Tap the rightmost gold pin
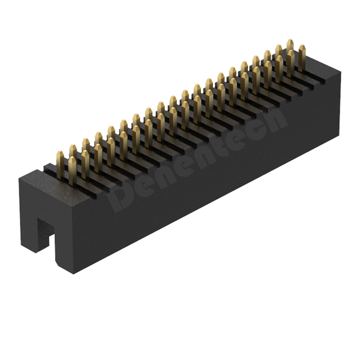pyautogui.click(x=302, y=58)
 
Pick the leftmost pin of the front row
pyautogui.click(x=72, y=171)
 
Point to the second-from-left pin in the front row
pyautogui.click(x=85, y=164)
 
